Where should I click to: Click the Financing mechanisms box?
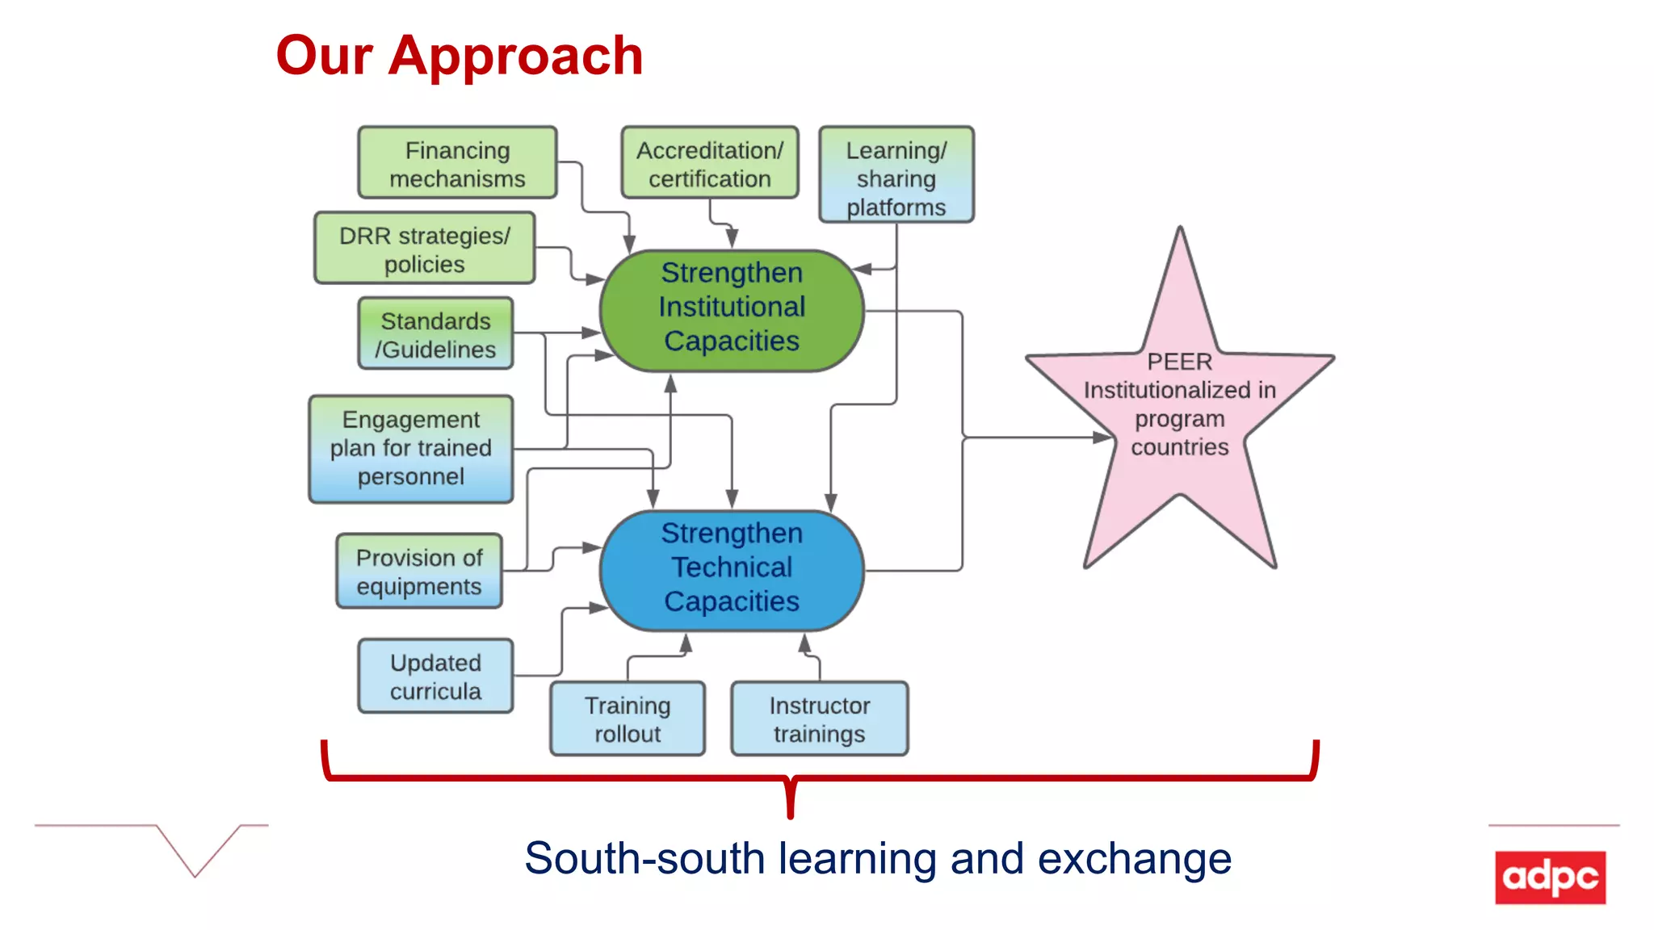[x=457, y=163]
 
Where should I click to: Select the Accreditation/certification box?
[x=709, y=163]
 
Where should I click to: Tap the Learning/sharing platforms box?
[x=896, y=175]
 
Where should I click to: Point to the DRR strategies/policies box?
[x=424, y=249]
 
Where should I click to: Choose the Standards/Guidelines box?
[x=435, y=334]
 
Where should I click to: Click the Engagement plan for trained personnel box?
[x=410, y=449]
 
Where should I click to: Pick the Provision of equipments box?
[x=418, y=572]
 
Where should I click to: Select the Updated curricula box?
[x=435, y=677]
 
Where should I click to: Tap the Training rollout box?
[x=628, y=719]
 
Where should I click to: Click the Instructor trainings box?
[x=819, y=719]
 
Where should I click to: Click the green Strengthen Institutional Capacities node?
[x=732, y=310]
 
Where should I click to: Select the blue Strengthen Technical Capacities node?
[x=732, y=570]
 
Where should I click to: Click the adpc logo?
[x=1550, y=877]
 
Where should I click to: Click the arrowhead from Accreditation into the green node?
[x=732, y=239]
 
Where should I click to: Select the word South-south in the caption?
[x=644, y=858]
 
